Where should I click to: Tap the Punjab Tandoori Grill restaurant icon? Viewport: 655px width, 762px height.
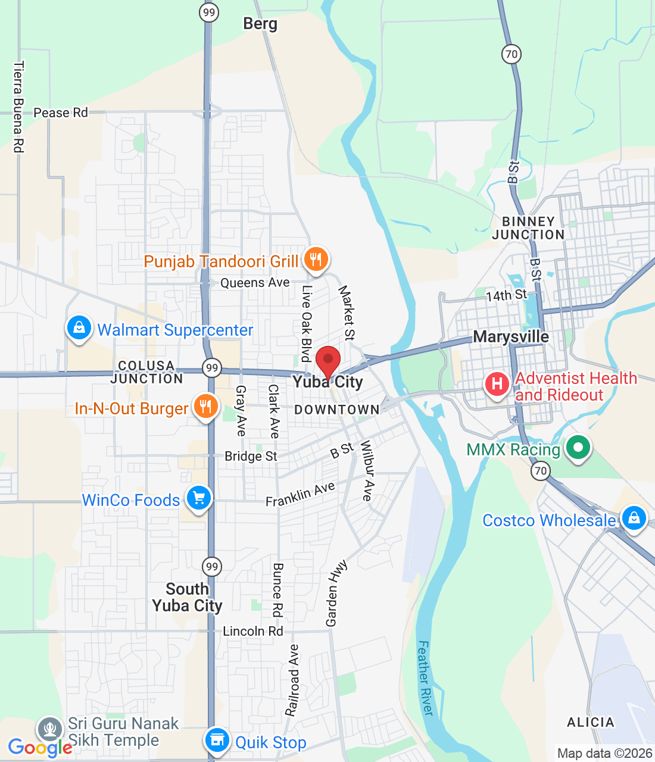pyautogui.click(x=316, y=260)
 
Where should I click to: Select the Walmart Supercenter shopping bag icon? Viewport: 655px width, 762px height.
pyautogui.click(x=79, y=327)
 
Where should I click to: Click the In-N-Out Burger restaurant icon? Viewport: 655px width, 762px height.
pyautogui.click(x=205, y=407)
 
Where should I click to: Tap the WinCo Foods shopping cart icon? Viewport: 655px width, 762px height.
pyautogui.click(x=199, y=498)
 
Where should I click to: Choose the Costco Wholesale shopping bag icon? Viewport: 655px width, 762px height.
pyautogui.click(x=634, y=519)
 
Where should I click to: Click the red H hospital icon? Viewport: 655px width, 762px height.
pyautogui.click(x=497, y=385)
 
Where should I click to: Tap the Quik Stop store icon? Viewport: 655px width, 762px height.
pyautogui.click(x=217, y=741)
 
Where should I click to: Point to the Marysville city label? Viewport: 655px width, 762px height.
pyautogui.click(x=511, y=337)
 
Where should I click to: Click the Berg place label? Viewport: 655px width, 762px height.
pyautogui.click(x=260, y=24)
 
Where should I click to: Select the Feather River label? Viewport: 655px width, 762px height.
pyautogui.click(x=425, y=678)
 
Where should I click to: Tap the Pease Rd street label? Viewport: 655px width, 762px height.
pyautogui.click(x=60, y=113)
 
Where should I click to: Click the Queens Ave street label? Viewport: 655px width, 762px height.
pyautogui.click(x=255, y=283)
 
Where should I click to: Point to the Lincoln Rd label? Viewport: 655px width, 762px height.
pyautogui.click(x=252, y=631)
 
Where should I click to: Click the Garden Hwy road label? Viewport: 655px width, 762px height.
pyautogui.click(x=336, y=593)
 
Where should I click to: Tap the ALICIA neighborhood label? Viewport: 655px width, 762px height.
pyautogui.click(x=590, y=723)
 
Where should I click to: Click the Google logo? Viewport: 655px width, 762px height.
pyautogui.click(x=39, y=748)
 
